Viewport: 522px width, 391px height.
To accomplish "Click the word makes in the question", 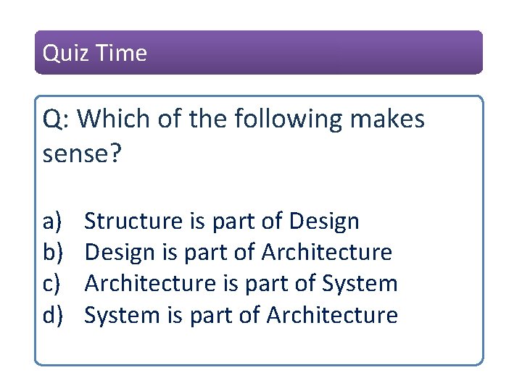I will (x=388, y=119).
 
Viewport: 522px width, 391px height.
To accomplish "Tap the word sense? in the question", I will (x=79, y=152).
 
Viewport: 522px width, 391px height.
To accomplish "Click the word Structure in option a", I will (x=134, y=221).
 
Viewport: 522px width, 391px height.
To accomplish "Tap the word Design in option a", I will (x=323, y=221).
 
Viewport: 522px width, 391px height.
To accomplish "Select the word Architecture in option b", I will (x=326, y=252).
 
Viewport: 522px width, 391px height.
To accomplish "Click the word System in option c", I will (x=361, y=284).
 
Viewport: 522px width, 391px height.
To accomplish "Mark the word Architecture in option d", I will (x=332, y=315).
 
